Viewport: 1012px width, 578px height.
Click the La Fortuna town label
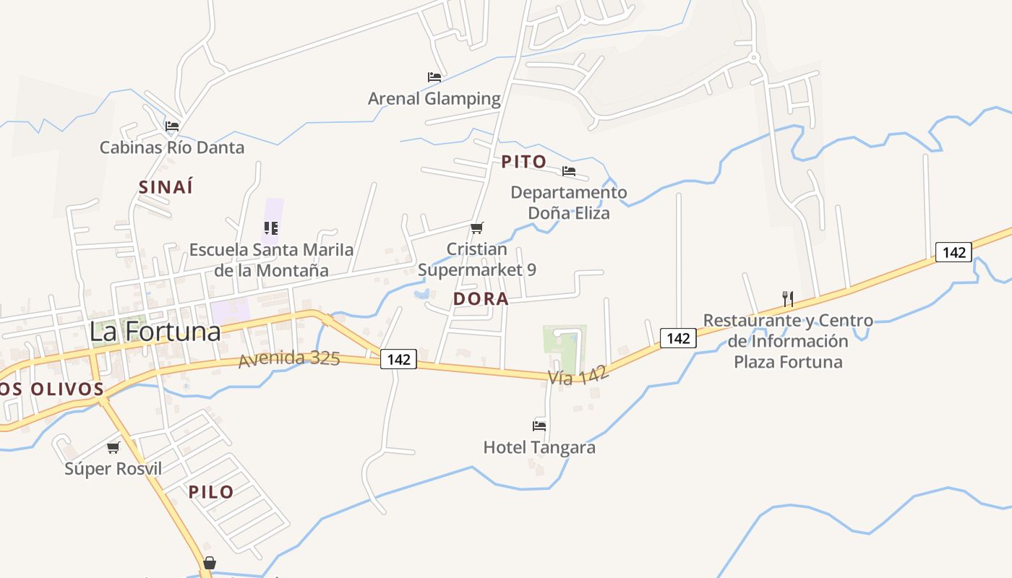click(155, 332)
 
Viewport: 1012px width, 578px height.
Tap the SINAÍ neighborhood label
click(166, 186)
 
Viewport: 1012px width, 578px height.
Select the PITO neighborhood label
click(524, 162)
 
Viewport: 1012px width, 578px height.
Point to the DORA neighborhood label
click(481, 298)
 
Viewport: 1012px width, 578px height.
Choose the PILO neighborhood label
click(211, 492)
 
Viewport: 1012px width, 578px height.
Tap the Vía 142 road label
click(578, 375)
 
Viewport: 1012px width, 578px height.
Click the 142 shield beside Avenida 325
click(399, 359)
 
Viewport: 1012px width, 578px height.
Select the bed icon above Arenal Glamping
click(434, 77)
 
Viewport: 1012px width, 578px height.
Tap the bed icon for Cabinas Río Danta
click(172, 126)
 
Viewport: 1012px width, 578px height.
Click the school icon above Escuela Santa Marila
click(271, 229)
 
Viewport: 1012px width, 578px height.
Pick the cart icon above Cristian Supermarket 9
click(476, 228)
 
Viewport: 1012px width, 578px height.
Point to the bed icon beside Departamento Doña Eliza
click(569, 172)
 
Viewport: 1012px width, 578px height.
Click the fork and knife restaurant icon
click(788, 298)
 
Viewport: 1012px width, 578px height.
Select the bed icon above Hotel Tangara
click(539, 426)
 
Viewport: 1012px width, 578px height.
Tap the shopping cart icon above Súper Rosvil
click(113, 448)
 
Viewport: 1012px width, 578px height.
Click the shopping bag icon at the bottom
click(210, 563)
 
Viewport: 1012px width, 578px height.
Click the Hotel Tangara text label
click(539, 447)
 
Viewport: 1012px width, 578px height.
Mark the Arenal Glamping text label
click(434, 98)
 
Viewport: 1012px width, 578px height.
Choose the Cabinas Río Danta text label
click(172, 147)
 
